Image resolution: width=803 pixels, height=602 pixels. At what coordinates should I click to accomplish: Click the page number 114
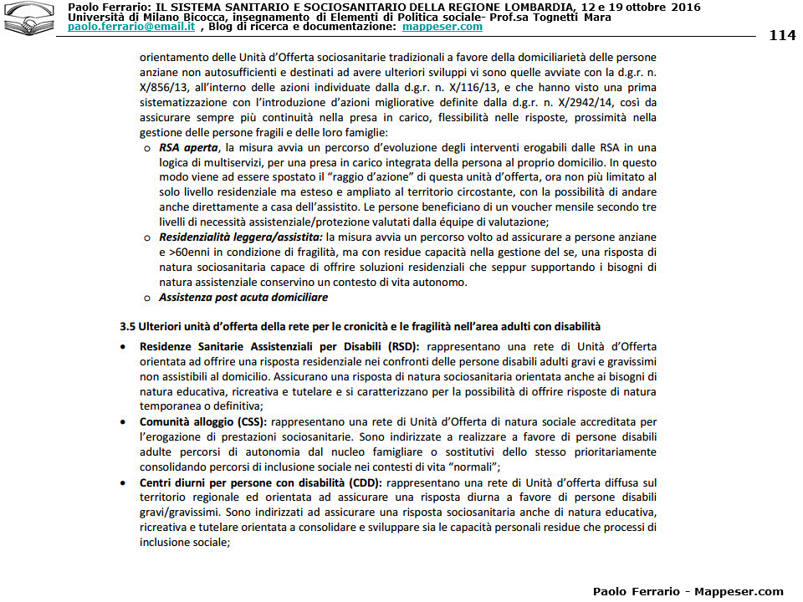(x=782, y=35)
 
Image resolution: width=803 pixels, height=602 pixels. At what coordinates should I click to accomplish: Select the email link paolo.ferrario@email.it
(x=131, y=27)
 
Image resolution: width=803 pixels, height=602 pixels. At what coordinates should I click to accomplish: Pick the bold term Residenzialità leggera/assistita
(x=241, y=237)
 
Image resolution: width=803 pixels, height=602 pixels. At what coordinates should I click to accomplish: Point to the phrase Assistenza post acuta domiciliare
(x=243, y=297)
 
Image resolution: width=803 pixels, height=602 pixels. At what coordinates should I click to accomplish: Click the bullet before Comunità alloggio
(x=123, y=421)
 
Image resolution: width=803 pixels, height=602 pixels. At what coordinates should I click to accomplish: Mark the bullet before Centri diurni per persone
(x=123, y=482)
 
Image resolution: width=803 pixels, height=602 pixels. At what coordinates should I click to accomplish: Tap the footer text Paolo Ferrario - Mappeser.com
(x=688, y=591)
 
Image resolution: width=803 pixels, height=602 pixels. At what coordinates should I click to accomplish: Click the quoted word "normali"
(x=471, y=467)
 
